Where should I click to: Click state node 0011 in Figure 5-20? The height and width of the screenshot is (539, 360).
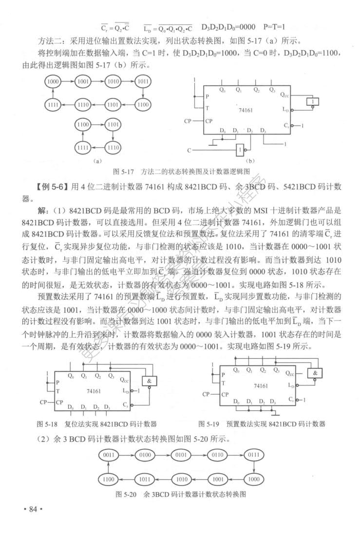(108, 455)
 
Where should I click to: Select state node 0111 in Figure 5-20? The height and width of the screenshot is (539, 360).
(254, 455)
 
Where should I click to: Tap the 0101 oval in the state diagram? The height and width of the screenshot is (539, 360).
(181, 455)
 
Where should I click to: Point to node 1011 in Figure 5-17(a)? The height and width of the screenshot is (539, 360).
(142, 81)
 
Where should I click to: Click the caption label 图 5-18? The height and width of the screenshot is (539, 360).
(47, 423)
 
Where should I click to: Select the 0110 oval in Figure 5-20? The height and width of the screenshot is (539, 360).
(217, 455)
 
